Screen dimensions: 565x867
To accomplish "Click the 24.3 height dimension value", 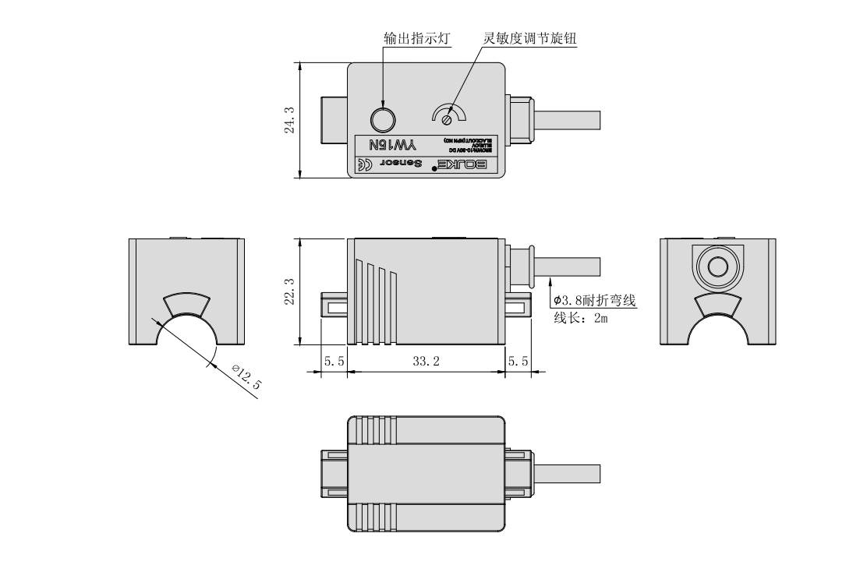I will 289,120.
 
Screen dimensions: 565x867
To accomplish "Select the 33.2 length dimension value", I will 426,362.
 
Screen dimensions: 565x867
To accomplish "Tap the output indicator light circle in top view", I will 383,119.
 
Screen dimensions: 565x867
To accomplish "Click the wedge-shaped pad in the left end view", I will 186,305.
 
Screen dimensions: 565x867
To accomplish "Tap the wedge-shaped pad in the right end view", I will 717,305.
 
